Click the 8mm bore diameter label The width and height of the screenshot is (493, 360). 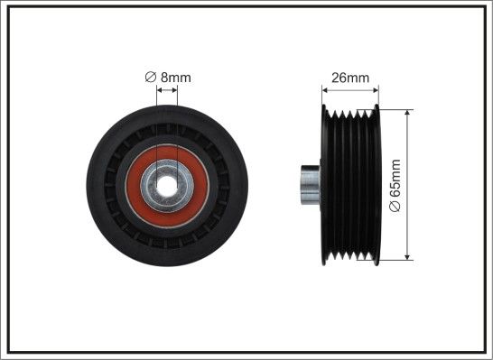pyautogui.click(x=168, y=78)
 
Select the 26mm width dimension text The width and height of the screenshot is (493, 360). pyautogui.click(x=350, y=78)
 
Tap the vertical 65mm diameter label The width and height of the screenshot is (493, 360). pyautogui.click(x=395, y=185)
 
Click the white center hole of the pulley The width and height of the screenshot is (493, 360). pyautogui.click(x=167, y=186)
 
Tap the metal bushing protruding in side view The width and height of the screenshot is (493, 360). pyautogui.click(x=311, y=185)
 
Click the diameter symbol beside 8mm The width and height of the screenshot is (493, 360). pyautogui.click(x=151, y=77)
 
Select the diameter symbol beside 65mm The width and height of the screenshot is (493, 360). pyautogui.click(x=395, y=206)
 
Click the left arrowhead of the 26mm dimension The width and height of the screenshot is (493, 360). pyautogui.click(x=325, y=90)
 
